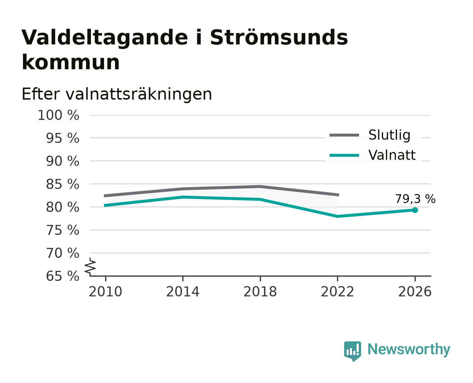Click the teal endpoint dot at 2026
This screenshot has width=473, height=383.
[x=415, y=210]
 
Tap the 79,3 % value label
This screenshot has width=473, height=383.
[x=415, y=199]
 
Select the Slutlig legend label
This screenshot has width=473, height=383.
[x=389, y=135]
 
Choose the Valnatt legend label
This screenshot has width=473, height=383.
[x=392, y=155]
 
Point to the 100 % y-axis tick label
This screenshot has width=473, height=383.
[x=58, y=115]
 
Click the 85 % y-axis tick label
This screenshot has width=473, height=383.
[x=63, y=184]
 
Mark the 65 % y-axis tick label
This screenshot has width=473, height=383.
[x=63, y=276]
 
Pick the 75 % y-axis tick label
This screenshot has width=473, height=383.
[x=63, y=230]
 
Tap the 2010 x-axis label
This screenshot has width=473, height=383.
[x=106, y=292]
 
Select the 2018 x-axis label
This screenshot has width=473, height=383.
[x=260, y=292]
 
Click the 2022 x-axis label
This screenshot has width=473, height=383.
[x=337, y=292]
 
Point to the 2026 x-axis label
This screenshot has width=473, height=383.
[x=415, y=292]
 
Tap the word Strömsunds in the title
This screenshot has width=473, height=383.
[x=279, y=38]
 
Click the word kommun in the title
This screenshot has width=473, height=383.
[x=70, y=62]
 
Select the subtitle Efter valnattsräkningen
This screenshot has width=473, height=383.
[x=117, y=94]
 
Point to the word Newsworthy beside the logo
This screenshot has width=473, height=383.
[x=409, y=349]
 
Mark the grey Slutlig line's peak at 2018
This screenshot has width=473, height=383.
[x=260, y=187]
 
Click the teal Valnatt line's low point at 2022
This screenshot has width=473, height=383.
[x=337, y=216]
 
